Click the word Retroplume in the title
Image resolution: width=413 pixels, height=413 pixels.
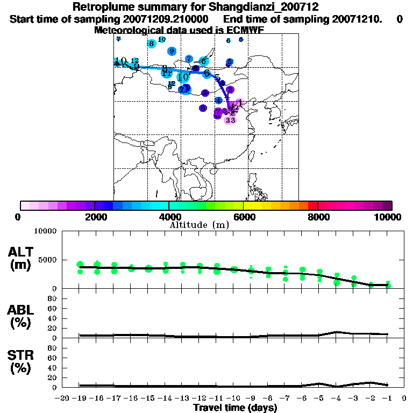point(101,8)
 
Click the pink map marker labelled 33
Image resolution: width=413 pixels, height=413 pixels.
point(230,120)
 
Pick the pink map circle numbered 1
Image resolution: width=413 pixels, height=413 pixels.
point(240,102)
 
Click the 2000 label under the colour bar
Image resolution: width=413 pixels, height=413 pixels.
point(94,217)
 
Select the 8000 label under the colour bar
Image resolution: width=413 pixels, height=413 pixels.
point(318,217)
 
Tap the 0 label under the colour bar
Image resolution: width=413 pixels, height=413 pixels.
point(18,217)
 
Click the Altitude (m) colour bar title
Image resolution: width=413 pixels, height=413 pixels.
point(199,225)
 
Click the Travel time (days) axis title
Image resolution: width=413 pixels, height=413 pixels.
point(236,408)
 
